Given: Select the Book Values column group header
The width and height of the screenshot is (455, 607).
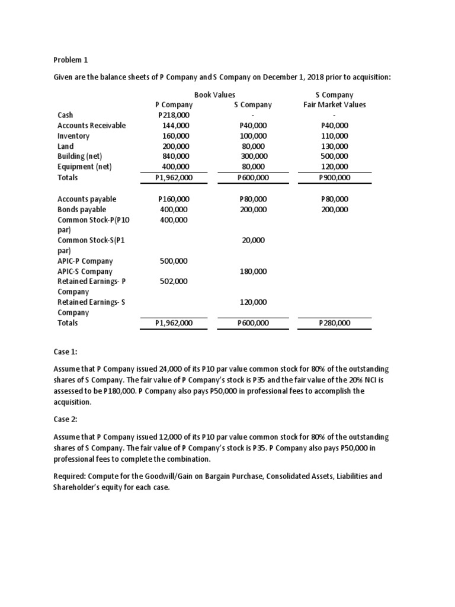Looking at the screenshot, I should click(x=214, y=94).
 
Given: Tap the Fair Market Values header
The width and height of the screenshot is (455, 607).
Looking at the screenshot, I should click(x=334, y=105).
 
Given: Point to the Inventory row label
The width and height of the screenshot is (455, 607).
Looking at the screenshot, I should click(x=73, y=136).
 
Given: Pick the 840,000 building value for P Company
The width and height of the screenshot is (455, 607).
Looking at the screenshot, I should click(x=175, y=156).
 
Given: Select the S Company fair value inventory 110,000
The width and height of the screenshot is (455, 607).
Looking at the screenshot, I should click(x=334, y=136).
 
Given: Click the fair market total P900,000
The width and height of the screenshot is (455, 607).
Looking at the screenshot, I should click(x=334, y=177).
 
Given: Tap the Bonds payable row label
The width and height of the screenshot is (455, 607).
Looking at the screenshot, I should click(x=82, y=209).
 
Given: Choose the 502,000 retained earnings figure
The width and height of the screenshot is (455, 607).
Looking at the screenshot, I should click(x=174, y=282).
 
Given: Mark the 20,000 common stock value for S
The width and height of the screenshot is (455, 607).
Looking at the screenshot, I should click(x=253, y=240).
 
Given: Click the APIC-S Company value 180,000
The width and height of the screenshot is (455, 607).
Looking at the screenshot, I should click(x=253, y=271).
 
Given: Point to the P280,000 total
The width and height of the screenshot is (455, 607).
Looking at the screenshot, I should click(x=334, y=323).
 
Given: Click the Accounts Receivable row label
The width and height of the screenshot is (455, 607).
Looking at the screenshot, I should click(x=91, y=126).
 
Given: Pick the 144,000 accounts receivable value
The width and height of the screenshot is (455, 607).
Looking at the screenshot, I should click(x=175, y=126).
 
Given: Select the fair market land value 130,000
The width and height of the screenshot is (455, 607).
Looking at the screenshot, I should click(x=334, y=146).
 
